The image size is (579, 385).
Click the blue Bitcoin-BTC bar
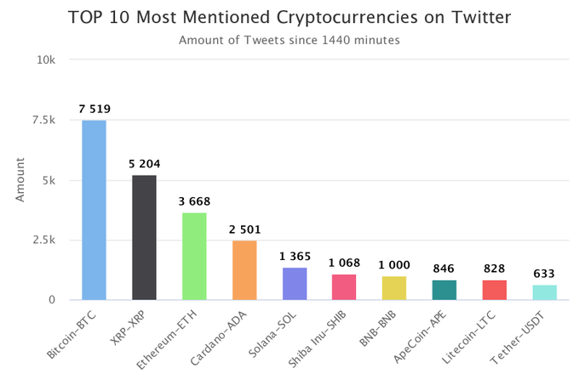pos(94,210)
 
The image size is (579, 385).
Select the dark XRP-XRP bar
pos(144,237)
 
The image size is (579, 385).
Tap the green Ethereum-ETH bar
pos(194,256)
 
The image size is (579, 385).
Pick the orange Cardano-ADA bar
pos(244,270)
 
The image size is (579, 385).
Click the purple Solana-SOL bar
pos(295,284)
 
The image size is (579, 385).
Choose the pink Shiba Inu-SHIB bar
pos(344,287)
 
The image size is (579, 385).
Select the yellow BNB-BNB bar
pos(394,288)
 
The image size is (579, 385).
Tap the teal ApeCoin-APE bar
pos(444,290)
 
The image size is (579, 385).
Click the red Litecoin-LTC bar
pos(495,290)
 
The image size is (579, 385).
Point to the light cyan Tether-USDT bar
pos(545,292)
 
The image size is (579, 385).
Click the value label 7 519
pos(94,109)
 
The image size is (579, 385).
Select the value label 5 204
pos(144,163)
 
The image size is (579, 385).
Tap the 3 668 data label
pos(194,201)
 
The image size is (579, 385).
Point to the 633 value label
pos(545,274)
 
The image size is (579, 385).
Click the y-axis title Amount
pos(20,180)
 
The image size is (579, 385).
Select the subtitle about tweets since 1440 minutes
pos(289,39)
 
